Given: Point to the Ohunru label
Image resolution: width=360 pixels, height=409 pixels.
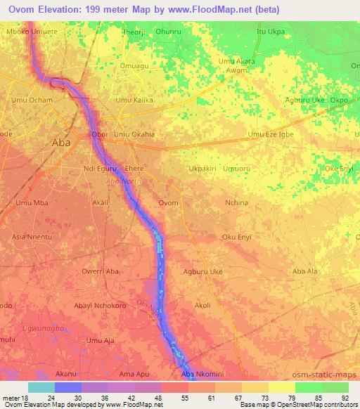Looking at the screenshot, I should (169, 32).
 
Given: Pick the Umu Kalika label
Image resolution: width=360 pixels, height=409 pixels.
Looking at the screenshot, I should (134, 100).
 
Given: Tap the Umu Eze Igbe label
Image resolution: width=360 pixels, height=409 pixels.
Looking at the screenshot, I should (271, 134).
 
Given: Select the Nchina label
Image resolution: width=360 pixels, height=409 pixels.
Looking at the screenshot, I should (236, 202).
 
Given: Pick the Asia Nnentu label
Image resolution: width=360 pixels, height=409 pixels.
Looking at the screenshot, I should (32, 237).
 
